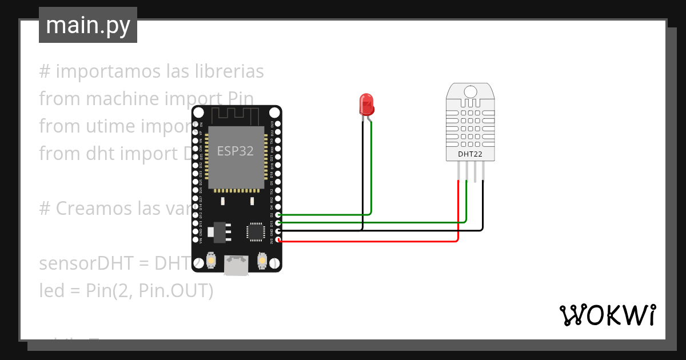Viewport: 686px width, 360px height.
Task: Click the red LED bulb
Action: [366, 103]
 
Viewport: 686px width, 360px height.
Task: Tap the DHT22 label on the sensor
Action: [470, 154]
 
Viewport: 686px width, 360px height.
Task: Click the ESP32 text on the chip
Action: [235, 151]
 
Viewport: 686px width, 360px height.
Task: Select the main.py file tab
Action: [88, 25]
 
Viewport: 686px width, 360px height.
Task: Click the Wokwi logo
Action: [607, 315]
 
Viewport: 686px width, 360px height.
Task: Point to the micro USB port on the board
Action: [236, 265]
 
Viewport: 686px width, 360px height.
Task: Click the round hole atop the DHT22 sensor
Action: [470, 92]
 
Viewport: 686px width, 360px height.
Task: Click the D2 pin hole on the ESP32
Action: [278, 215]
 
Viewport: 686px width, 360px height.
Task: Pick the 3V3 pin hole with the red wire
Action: [278, 241]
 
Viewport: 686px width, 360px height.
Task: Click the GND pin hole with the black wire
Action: [278, 231]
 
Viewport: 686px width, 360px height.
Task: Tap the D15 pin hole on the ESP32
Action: [278, 223]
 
